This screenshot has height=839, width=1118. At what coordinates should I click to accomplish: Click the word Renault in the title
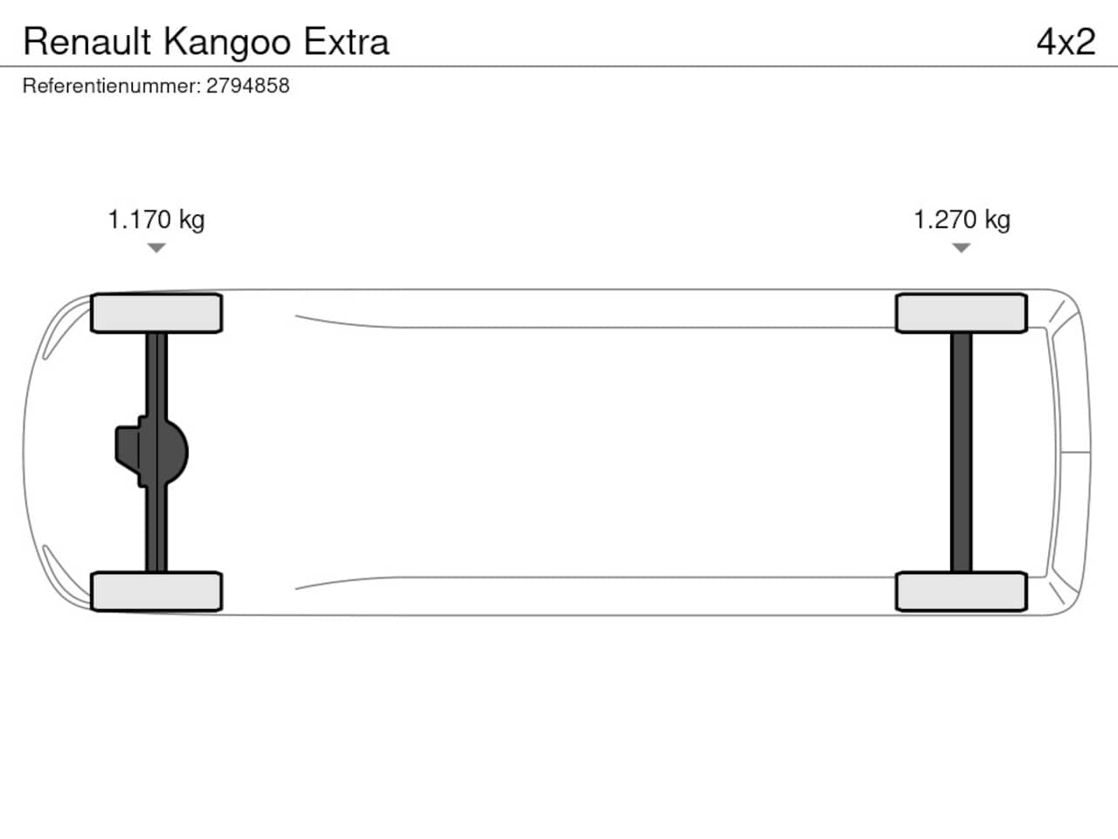[87, 42]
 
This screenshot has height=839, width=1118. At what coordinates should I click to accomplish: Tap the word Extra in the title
[347, 42]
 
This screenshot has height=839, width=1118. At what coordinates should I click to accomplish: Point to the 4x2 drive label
[1066, 42]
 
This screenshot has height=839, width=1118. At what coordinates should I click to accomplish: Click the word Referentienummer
[112, 86]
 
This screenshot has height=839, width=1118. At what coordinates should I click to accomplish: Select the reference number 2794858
[247, 86]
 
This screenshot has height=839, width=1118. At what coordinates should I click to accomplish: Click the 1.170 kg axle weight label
[156, 220]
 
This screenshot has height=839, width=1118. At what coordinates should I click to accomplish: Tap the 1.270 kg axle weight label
[962, 220]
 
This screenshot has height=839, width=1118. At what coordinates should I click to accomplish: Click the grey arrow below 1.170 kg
[156, 247]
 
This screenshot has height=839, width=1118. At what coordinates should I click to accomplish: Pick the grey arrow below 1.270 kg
[961, 247]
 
